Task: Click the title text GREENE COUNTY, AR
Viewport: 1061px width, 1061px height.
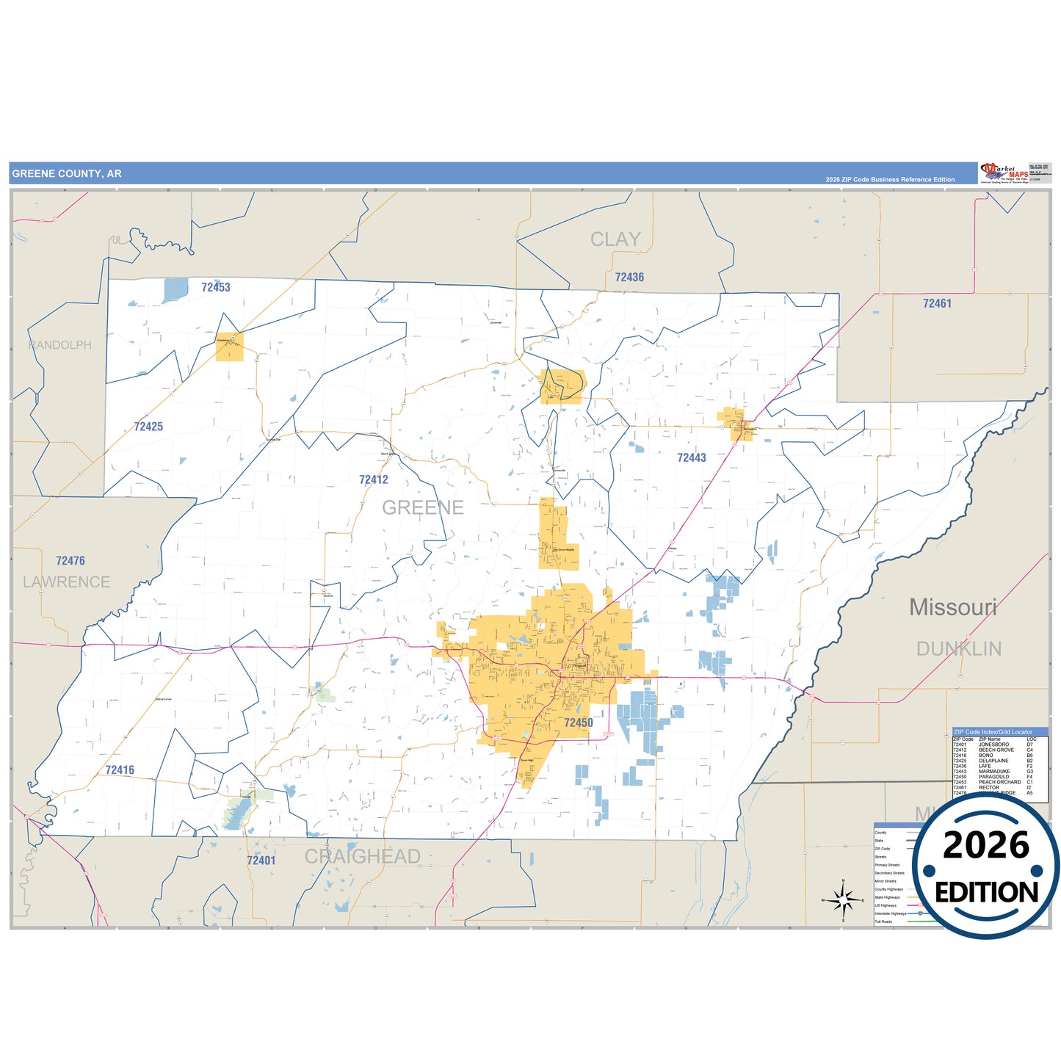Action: pyautogui.click(x=67, y=174)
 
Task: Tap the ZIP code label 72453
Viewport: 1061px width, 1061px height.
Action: pyautogui.click(x=216, y=287)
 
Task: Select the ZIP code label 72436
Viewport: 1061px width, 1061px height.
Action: pyautogui.click(x=629, y=277)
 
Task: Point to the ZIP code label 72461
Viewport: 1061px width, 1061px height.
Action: pyautogui.click(x=937, y=303)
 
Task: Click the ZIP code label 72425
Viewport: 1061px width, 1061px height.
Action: pyautogui.click(x=148, y=427)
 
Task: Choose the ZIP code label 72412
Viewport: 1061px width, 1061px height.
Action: pyautogui.click(x=374, y=479)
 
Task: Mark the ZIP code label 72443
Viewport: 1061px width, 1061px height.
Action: pyautogui.click(x=691, y=457)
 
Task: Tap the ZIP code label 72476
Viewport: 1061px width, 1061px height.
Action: pyautogui.click(x=70, y=561)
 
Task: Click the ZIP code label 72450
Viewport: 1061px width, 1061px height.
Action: pyautogui.click(x=578, y=723)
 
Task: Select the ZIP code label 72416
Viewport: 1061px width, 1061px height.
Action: pyautogui.click(x=120, y=770)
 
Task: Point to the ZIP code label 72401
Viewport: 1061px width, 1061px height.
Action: pyautogui.click(x=261, y=861)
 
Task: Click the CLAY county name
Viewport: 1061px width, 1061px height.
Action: pyautogui.click(x=615, y=239)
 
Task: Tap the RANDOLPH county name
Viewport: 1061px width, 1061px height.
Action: pyautogui.click(x=60, y=345)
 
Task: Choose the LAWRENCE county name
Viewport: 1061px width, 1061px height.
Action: pyautogui.click(x=66, y=582)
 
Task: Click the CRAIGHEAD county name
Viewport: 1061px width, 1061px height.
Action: pyautogui.click(x=362, y=856)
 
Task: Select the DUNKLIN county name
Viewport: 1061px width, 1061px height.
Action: pyautogui.click(x=958, y=648)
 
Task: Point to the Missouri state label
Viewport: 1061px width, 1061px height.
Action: pyautogui.click(x=952, y=607)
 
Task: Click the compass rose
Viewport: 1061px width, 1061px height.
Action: pyautogui.click(x=843, y=899)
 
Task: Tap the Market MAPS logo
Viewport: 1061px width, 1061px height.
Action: pyautogui.click(x=1003, y=173)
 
